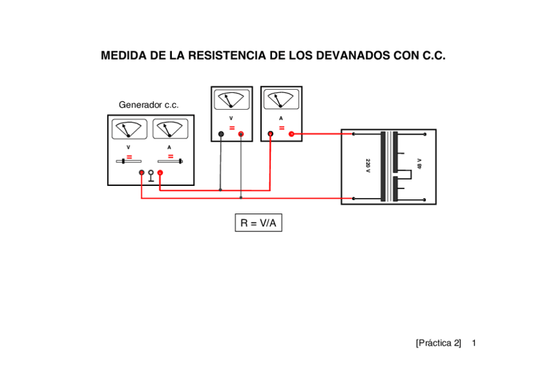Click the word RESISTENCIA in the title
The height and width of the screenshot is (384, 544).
click(228, 56)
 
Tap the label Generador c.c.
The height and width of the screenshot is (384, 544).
click(148, 104)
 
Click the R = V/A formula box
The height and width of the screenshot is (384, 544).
click(258, 223)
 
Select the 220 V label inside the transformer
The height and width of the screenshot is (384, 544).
click(368, 165)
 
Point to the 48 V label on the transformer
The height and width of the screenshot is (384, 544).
click(419, 163)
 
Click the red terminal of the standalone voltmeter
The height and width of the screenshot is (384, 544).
click(241, 134)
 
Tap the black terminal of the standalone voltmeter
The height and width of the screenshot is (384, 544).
click(221, 134)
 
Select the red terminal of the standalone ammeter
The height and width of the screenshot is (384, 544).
click(291, 134)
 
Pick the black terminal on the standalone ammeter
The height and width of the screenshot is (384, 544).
click(271, 134)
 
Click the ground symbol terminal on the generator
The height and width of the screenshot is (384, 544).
click(151, 174)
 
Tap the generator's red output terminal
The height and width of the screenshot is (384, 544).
click(160, 172)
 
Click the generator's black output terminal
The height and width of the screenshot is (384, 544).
click(142, 172)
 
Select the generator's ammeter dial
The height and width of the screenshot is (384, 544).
click(170, 129)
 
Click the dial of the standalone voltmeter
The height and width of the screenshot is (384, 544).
click(231, 100)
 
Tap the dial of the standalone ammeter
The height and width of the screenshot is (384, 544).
click(281, 100)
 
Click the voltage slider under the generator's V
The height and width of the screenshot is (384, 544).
click(129, 162)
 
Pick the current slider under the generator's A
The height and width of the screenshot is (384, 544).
click(170, 162)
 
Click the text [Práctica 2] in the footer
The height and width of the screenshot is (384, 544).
click(438, 343)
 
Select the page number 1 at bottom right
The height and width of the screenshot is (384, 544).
click(473, 343)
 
